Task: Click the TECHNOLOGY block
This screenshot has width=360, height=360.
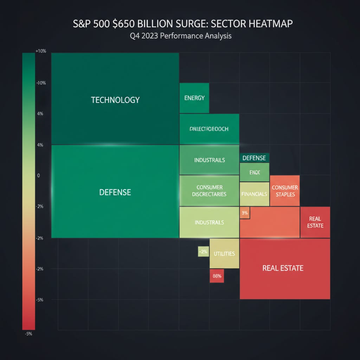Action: (115, 99)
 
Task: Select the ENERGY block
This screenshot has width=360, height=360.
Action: (194, 98)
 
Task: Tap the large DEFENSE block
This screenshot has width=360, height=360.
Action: (115, 192)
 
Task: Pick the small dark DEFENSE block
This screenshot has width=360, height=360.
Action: (254, 158)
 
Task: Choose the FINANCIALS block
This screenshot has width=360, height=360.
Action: (254, 194)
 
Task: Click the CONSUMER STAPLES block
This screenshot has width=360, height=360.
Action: (285, 191)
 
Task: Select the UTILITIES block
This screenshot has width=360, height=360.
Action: (224, 253)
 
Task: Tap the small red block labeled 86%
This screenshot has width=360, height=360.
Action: (217, 276)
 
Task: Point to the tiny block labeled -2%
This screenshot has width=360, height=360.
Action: (203, 251)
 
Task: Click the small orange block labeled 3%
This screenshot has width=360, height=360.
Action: (245, 213)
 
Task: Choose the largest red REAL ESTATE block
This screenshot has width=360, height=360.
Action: (285, 268)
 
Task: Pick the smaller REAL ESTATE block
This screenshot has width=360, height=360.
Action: (315, 222)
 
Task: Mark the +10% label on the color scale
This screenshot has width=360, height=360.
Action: (41, 51)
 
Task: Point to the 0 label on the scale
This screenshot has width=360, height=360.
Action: (38, 175)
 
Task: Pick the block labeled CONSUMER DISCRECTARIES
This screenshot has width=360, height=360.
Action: (209, 191)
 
